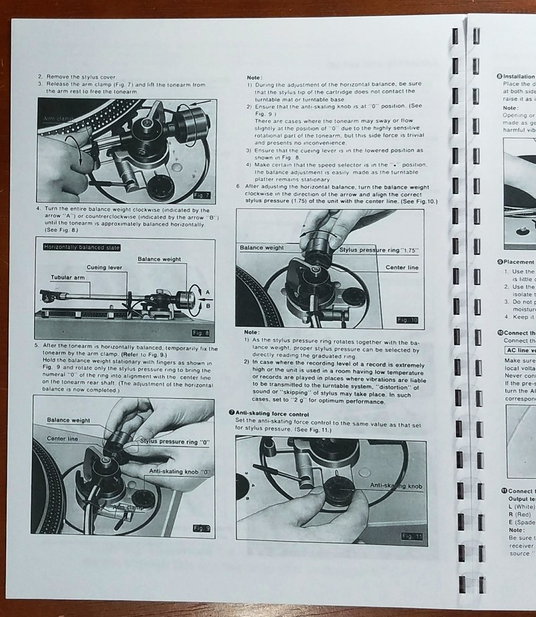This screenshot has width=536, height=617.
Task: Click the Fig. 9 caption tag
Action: coord(201,528)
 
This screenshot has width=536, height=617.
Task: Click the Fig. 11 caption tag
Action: coord(411,536)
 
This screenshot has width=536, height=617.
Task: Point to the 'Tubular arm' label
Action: coord(67,277)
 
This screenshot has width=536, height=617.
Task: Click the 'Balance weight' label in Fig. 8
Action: coord(159,259)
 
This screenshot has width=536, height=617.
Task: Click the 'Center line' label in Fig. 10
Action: coord(402,268)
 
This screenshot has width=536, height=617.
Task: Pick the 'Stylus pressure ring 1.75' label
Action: coord(379,250)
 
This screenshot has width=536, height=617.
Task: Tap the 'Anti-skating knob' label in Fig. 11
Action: coord(396,486)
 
